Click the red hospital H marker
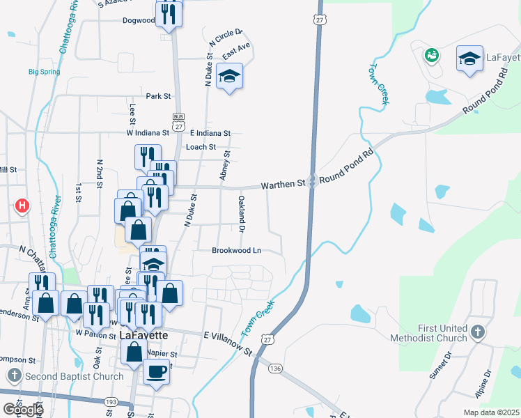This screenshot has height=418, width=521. [23, 206]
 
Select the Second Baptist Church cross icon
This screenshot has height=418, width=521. [15, 376]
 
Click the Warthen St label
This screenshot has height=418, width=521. [283, 185]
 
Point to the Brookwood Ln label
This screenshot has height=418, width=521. [237, 250]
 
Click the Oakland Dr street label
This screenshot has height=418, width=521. [242, 213]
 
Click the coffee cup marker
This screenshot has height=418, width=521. [157, 371]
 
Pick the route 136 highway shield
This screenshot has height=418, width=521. [276, 368]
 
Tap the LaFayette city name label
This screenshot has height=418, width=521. [143, 334]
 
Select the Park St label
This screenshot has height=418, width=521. [158, 96]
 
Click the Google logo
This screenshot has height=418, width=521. [23, 409]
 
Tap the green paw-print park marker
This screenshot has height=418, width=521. [431, 54]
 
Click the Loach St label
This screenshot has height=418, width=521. [201, 147]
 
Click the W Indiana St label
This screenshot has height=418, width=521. [148, 132]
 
